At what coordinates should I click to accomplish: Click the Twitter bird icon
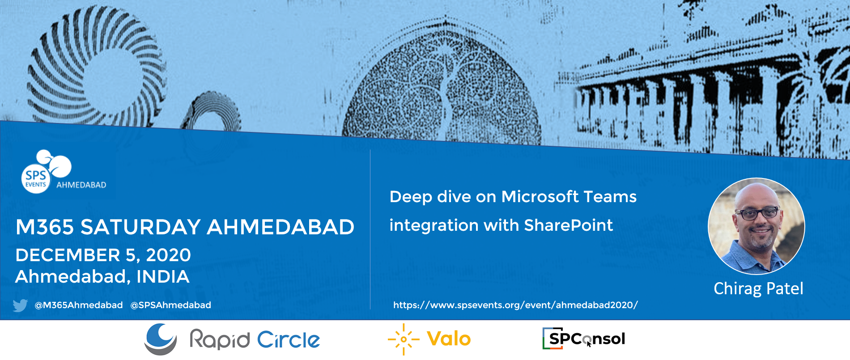pos(21,305)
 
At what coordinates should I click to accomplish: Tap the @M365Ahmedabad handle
pos(79,305)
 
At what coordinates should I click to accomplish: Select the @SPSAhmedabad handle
pos(170,305)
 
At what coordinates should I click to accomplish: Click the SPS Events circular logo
pos(36,178)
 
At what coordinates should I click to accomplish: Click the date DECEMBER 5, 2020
pos(103,255)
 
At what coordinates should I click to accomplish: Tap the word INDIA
pos(163,277)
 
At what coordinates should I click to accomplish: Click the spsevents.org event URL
pos(515,305)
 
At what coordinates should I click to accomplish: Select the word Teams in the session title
pos(610,197)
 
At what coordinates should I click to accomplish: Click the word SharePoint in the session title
pos(568,225)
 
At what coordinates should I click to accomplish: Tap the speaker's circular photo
pos(756,226)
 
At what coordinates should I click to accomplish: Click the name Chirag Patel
pos(758,288)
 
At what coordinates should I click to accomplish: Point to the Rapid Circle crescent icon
pos(161,339)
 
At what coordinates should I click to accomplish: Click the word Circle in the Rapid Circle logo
pos(289,340)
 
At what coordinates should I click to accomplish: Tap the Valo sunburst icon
pos(404,339)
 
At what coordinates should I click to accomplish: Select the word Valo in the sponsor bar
pos(449,339)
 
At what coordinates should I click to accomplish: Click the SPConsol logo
pos(584,339)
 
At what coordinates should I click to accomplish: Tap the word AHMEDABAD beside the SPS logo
pos(81,185)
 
